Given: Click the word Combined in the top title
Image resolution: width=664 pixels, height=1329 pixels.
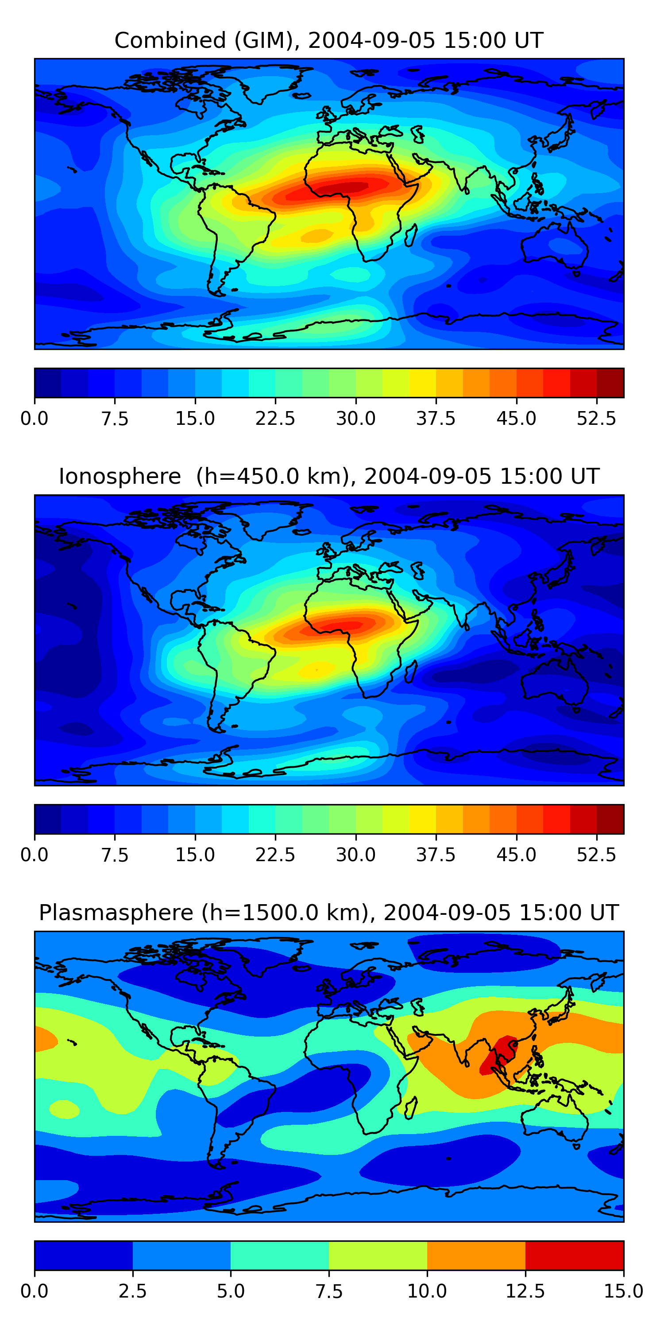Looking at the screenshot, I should (170, 40).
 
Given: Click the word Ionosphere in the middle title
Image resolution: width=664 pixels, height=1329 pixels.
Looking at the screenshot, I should (120, 476).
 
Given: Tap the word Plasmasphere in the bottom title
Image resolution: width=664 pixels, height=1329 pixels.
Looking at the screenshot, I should (116, 913).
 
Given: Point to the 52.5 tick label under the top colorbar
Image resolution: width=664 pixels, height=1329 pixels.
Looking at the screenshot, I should (596, 418).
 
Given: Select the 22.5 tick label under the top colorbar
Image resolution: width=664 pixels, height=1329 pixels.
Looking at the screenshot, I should (275, 418).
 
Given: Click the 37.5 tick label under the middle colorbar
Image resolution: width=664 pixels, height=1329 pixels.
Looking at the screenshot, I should (436, 855).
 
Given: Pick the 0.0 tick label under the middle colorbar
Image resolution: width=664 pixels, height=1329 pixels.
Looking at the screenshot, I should (35, 855).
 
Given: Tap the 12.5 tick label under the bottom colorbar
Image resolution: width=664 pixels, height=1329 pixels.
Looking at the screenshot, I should (525, 1291).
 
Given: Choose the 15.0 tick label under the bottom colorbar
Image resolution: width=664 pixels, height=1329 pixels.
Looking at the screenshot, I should (623, 1291).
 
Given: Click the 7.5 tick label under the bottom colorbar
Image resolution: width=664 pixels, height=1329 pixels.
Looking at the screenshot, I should (329, 1291).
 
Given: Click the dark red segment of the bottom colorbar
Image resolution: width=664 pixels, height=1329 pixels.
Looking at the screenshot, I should (574, 1255).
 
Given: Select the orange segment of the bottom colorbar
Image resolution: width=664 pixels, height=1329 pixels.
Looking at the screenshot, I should (476, 1255).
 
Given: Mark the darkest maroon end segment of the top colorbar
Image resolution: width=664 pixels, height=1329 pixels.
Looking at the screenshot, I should (610, 383).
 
